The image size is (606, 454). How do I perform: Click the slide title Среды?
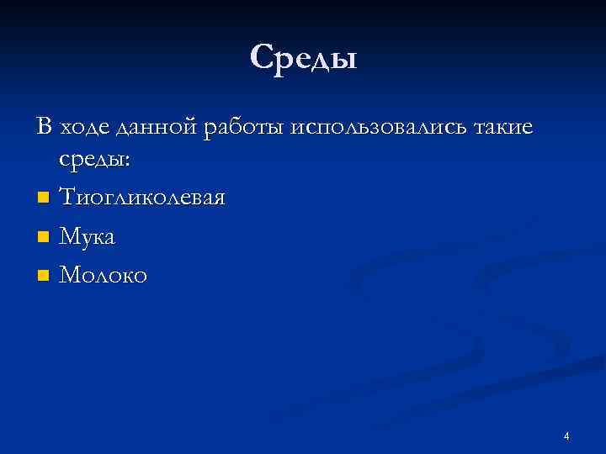303,59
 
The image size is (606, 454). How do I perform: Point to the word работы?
246,129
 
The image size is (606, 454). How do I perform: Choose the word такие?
502,128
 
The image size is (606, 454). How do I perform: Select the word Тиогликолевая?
142,198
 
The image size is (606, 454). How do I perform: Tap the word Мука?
88,237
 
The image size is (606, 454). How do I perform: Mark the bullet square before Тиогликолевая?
43,199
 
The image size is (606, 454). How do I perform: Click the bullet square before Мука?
43,238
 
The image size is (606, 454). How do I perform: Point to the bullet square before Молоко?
43,275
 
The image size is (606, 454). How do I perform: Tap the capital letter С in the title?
262,58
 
